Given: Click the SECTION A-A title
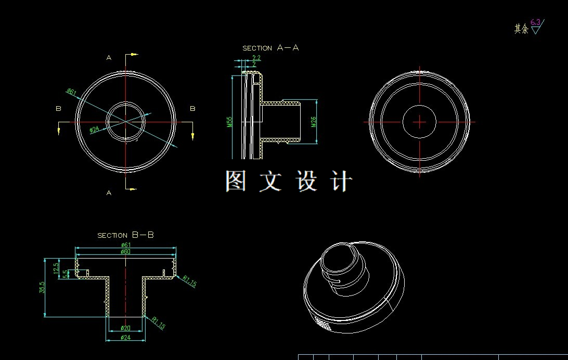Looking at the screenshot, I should click(270, 48).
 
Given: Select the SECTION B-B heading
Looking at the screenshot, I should click(125, 235).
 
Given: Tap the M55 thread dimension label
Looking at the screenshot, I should click(229, 122).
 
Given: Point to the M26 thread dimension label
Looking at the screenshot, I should click(314, 122).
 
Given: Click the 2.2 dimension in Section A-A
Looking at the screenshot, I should click(256, 58).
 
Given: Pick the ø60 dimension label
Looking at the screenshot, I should click(125, 252).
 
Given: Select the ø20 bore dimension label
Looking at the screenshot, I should click(125, 328).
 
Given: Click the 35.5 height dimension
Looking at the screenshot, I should click(42, 287).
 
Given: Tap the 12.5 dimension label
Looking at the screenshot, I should click(56, 268).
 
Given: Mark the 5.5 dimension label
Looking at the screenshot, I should click(65, 274).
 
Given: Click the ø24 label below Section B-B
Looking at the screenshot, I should click(125, 338).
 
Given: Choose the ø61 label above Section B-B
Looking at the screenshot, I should click(125, 245).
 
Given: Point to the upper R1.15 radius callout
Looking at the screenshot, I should click(189, 281).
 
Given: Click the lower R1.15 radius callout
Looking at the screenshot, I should click(158, 323).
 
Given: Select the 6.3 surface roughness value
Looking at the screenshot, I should click(535, 22).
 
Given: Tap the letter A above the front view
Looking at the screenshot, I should click(109, 58).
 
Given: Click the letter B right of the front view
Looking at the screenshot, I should click(192, 109).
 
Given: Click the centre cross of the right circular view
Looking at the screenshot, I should click(420, 122).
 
